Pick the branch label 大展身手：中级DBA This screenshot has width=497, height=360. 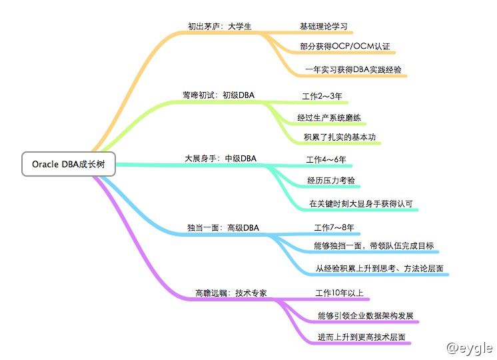click(x=221, y=159)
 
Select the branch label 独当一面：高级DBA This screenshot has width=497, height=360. click(x=223, y=228)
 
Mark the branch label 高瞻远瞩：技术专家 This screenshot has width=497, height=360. click(x=231, y=293)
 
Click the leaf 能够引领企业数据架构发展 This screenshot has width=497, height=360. click(x=368, y=314)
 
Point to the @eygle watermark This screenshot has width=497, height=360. click(x=470, y=347)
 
